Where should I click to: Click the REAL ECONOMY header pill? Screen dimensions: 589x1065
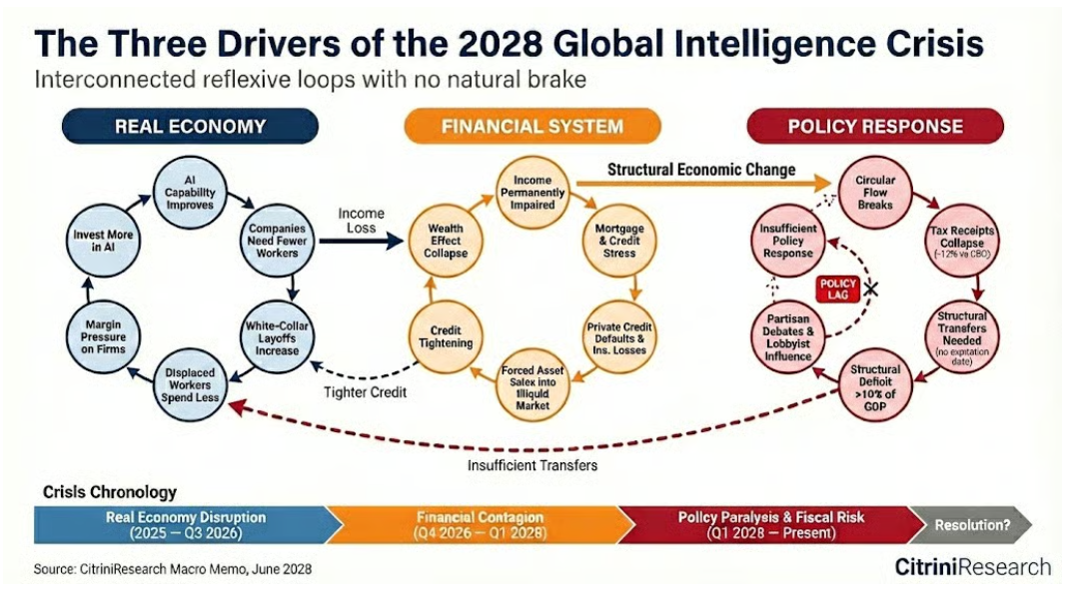click(190, 127)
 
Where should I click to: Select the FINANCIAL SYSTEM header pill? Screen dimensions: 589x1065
click(532, 127)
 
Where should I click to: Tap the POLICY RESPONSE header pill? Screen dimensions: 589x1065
click(874, 127)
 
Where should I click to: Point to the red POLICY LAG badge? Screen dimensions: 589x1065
click(837, 288)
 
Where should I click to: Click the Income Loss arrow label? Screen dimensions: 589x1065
click(361, 221)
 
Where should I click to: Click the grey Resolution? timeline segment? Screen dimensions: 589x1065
click(968, 524)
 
